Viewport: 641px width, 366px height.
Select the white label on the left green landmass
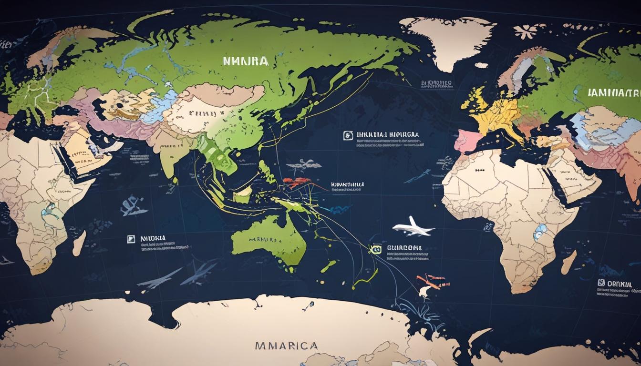click(x=245, y=61)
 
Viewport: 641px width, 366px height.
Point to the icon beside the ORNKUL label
click(x=601, y=283)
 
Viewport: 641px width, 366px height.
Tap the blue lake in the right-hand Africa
click(x=539, y=232)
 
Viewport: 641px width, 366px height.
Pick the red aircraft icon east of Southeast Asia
click(x=297, y=183)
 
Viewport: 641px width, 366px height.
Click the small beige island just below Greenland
click(x=482, y=65)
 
